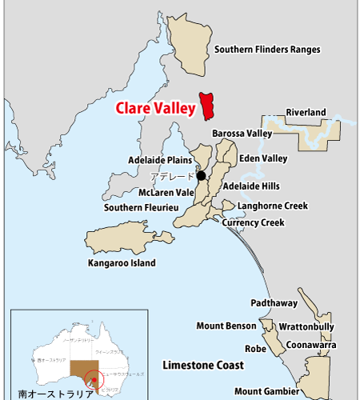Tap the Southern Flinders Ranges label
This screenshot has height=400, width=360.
tap(266, 50)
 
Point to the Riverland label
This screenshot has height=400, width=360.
tap(306, 113)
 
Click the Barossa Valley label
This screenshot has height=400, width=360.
tap(242, 134)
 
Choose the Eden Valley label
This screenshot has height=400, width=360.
tap(262, 158)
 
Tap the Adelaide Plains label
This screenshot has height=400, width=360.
tap(157, 160)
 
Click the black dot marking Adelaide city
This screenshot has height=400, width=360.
tap(201, 176)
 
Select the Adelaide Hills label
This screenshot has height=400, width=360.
tap(250, 186)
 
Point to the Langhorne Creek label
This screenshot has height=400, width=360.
tap(273, 206)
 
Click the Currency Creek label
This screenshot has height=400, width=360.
tap(253, 222)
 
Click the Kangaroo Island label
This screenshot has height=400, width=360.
tap(122, 262)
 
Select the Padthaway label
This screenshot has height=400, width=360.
tap(274, 303)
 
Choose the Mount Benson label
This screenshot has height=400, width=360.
tap(226, 326)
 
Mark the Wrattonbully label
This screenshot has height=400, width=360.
tap(306, 326)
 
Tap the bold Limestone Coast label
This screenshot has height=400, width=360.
tap(203, 365)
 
